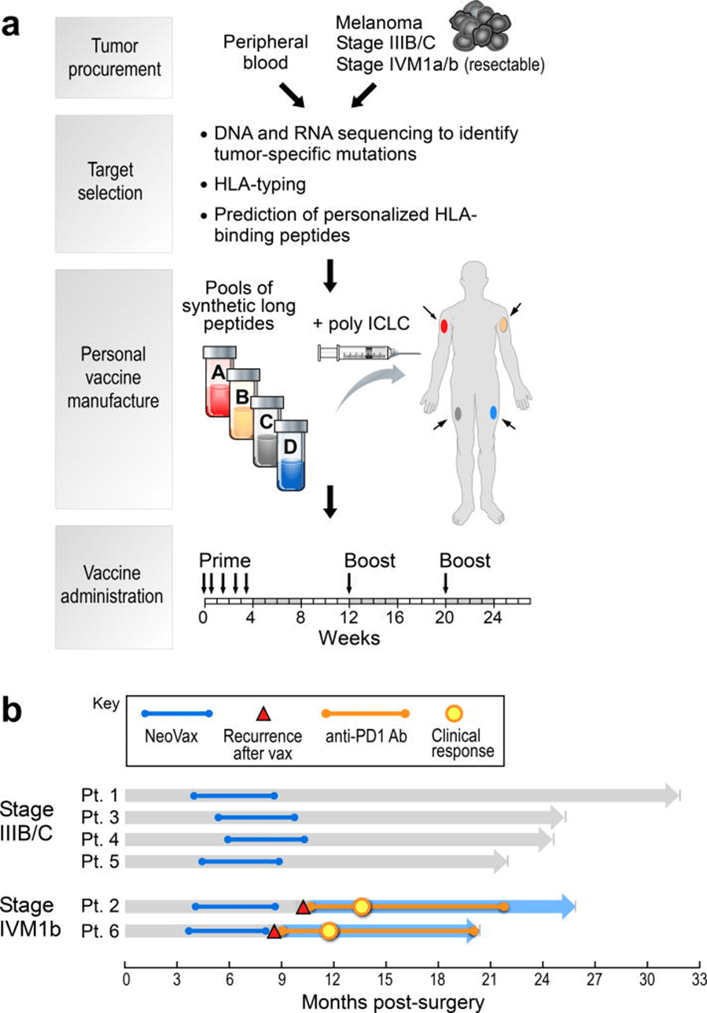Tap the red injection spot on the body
tap(444, 326)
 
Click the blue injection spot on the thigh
tap(493, 412)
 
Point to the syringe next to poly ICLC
tap(362, 354)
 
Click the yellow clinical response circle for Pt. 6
tap(329, 932)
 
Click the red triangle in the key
tap(264, 713)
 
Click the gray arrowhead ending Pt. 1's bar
tap(670, 795)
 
